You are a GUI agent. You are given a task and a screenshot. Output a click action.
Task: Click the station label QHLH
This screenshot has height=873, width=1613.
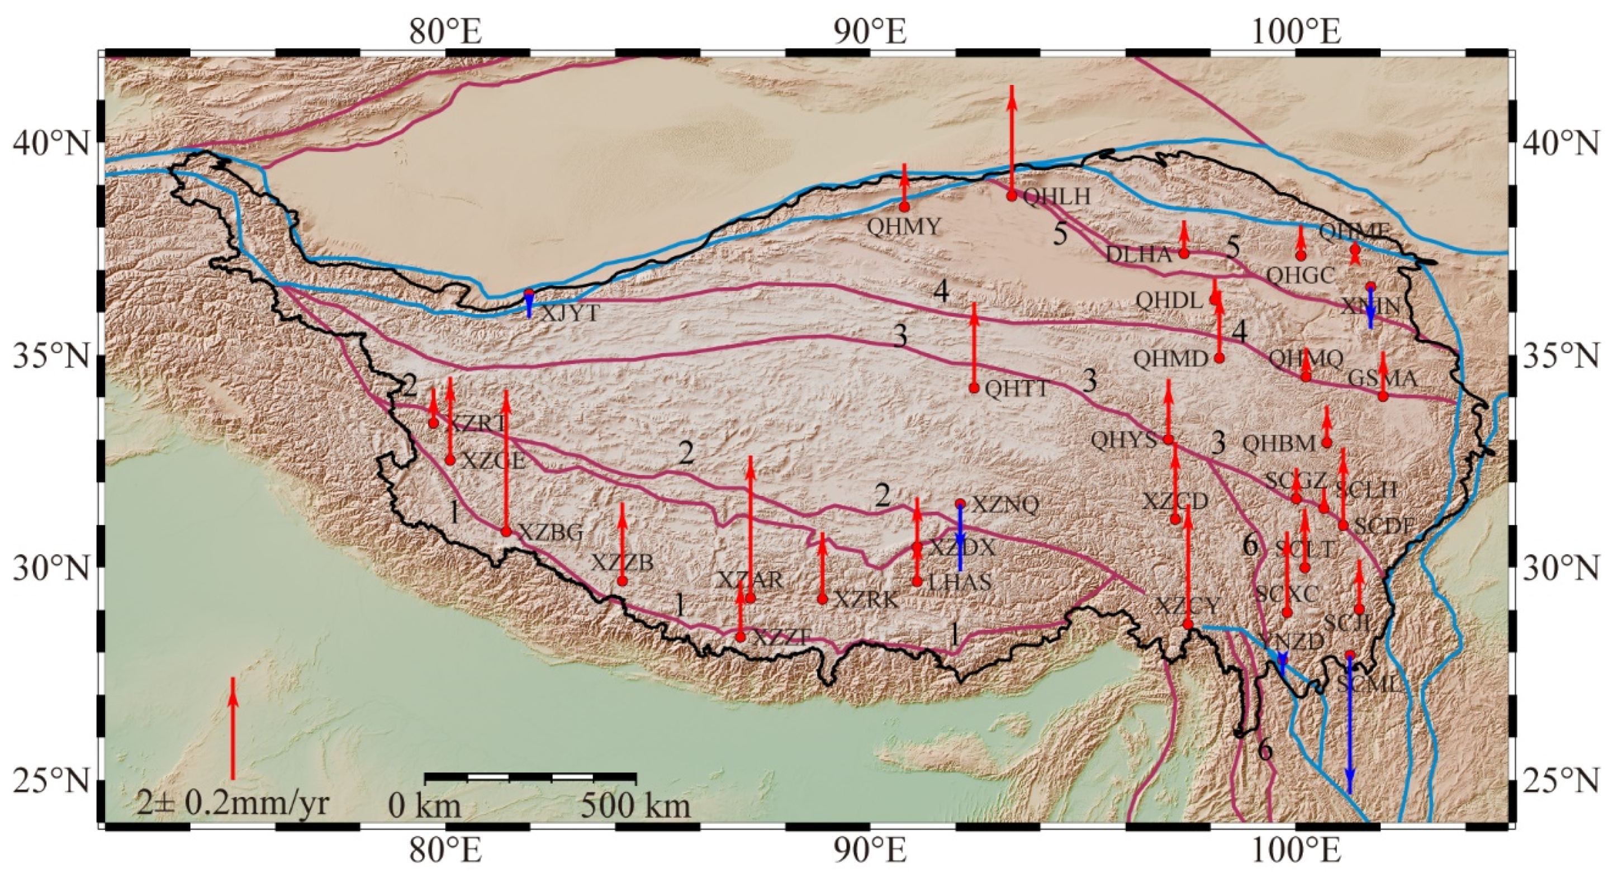click(x=1056, y=197)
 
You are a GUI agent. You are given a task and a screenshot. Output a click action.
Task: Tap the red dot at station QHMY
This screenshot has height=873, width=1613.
click(x=904, y=206)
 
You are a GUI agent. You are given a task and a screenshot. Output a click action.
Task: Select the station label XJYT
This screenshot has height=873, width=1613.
click(x=570, y=313)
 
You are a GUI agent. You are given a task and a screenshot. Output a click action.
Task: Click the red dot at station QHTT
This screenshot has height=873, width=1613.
click(x=974, y=388)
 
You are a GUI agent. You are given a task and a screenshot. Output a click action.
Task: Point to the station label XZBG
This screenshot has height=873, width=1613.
click(x=551, y=533)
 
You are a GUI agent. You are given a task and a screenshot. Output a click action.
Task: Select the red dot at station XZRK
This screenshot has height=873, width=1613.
click(x=823, y=599)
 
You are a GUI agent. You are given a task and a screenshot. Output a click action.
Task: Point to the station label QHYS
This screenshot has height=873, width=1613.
click(x=1123, y=440)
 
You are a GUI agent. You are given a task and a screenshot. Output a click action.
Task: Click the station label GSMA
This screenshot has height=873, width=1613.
click(x=1382, y=379)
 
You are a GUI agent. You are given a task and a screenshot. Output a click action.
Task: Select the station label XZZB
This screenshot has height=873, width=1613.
click(x=623, y=563)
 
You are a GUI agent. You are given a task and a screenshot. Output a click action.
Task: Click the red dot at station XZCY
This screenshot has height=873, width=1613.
click(x=1188, y=624)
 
